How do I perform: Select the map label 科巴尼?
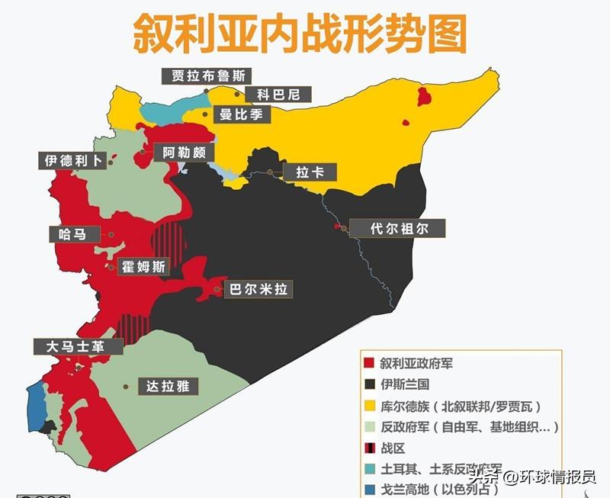272,95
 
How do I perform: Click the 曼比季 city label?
240,116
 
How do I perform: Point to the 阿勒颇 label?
184,153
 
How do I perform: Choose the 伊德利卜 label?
73,161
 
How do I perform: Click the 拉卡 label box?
310,172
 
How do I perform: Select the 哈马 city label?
72,234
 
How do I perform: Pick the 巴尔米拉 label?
256,289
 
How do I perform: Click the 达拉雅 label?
167,387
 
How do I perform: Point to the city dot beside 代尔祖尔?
342,227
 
